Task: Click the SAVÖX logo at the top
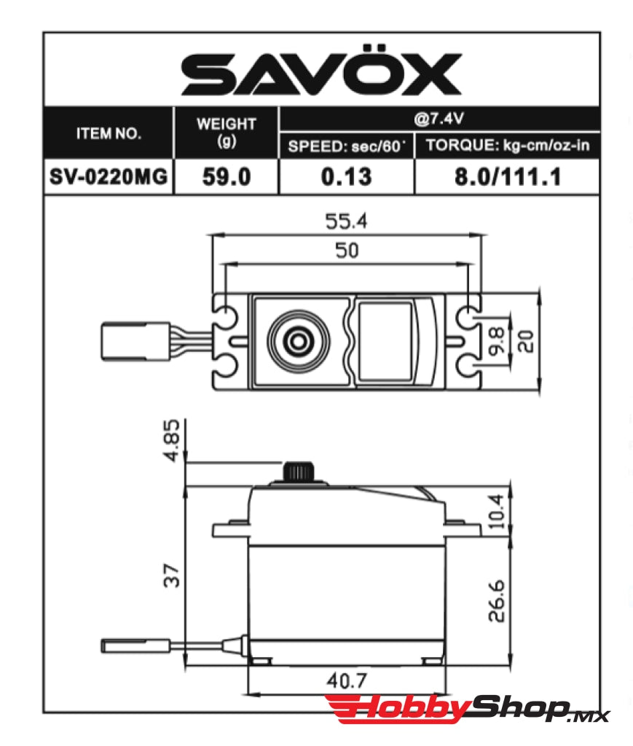(x=321, y=73)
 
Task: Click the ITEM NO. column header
(x=109, y=133)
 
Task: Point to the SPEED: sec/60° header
(x=346, y=146)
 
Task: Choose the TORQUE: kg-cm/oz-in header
(x=508, y=146)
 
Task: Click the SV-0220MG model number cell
(x=109, y=177)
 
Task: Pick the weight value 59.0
(x=227, y=177)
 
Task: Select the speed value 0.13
(x=346, y=177)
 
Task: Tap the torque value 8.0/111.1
(x=508, y=177)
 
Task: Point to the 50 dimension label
(x=346, y=251)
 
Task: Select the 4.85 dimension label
(x=173, y=441)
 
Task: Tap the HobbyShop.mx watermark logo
(x=466, y=710)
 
